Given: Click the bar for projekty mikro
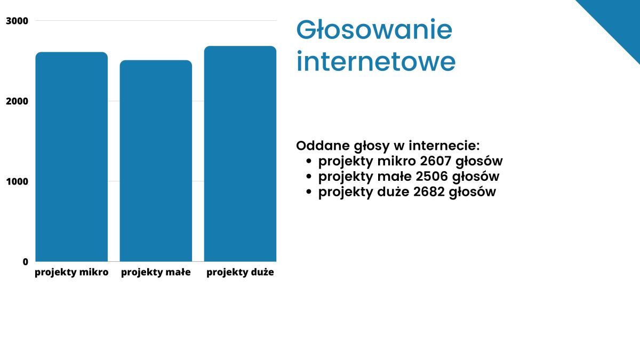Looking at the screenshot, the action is tap(71, 157).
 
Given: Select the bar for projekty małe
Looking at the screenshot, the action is tap(156, 161).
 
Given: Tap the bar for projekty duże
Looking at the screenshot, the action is tap(240, 154).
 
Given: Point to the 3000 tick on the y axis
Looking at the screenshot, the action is tap(17, 21).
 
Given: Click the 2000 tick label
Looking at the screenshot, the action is tap(17, 101).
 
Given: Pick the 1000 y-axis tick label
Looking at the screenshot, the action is tap(17, 181).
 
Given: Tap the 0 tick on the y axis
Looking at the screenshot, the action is tap(26, 262).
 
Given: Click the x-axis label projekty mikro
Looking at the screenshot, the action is tap(71, 273).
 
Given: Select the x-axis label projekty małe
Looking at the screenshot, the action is tap(156, 273).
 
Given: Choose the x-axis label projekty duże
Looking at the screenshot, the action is tap(240, 273).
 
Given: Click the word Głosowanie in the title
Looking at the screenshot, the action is tap(374, 29).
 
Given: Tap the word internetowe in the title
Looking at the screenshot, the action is tap(376, 61).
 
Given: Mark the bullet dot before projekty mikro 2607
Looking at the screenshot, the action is tap(309, 161).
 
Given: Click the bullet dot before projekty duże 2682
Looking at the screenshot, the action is tap(309, 191).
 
